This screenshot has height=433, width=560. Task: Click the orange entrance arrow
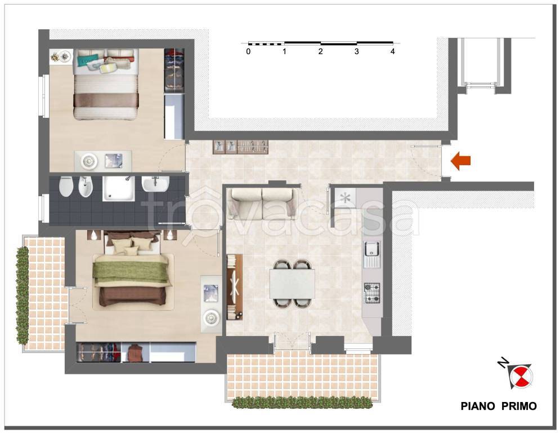coord(460,161)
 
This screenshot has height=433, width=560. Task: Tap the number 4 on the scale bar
coord(392,51)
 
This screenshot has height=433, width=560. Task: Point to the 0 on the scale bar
coord(248,51)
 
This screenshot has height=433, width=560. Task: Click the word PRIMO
coord(519,406)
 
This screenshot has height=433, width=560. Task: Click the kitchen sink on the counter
coord(372,254)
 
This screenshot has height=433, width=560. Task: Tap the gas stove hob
coord(372,293)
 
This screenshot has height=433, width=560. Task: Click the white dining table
coord(292,284)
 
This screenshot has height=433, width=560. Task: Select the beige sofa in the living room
coord(262,204)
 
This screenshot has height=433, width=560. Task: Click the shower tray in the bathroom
coord(119,188)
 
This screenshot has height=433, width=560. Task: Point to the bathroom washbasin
coord(155,184)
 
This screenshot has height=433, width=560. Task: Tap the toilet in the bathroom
coord(66,187)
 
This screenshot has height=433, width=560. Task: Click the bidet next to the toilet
coord(86,187)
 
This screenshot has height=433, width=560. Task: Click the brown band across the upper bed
coord(106,100)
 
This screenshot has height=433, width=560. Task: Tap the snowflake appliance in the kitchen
coord(346,198)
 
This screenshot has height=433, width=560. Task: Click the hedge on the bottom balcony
coord(302,403)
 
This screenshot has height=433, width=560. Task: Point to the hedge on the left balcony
coord(23,295)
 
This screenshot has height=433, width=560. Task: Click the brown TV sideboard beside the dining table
coord(235,287)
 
